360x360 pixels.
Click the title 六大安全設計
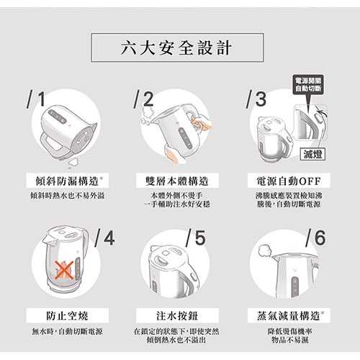[x=179, y=48]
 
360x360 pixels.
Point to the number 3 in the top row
[x=257, y=99]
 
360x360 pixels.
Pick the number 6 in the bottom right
[x=317, y=238]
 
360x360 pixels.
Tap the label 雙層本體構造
[x=176, y=180]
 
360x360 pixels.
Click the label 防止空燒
[x=68, y=315]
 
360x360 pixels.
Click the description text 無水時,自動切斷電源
[x=68, y=332]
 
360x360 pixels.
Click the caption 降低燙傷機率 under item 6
[x=288, y=332]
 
